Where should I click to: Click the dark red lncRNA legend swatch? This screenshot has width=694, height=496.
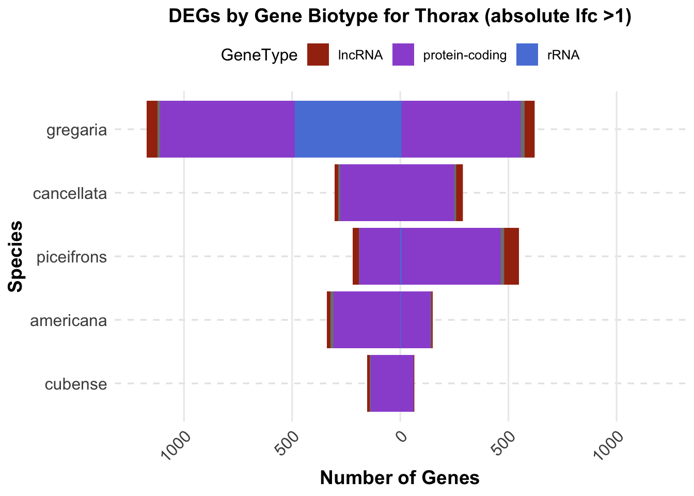(x=318, y=55)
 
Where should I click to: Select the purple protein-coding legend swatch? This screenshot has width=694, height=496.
(x=404, y=55)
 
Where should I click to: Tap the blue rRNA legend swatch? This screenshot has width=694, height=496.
(x=527, y=55)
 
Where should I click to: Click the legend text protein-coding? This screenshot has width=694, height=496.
(x=465, y=55)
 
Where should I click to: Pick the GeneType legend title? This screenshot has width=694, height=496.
(x=259, y=55)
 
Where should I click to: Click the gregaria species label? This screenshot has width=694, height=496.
(x=76, y=130)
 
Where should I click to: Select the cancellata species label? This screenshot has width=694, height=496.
(x=70, y=194)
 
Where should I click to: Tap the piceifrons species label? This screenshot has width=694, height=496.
(x=72, y=257)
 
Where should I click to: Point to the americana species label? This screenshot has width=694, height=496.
(x=69, y=321)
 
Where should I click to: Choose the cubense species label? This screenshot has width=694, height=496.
(x=76, y=384)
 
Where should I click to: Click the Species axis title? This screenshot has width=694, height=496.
(x=17, y=256)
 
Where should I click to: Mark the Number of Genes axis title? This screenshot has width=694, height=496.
(x=400, y=478)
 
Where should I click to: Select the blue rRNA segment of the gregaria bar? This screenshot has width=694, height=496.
(x=348, y=129)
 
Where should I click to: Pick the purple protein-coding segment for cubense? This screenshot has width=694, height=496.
(x=392, y=383)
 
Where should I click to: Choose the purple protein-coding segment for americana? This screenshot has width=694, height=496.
(x=382, y=320)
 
